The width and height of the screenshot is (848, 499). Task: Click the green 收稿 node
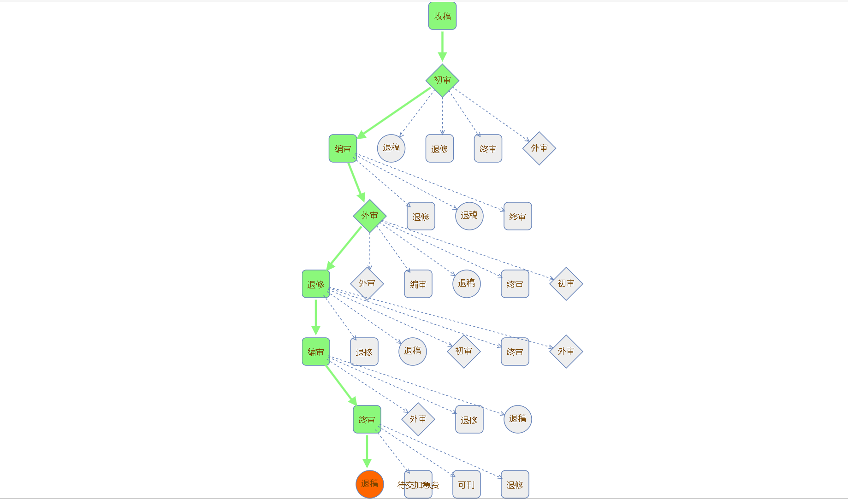pos(442,16)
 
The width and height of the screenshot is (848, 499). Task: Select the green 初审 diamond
pos(442,81)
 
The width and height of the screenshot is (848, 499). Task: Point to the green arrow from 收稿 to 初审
pos(442,45)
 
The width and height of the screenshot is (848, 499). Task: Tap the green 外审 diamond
pos(369,216)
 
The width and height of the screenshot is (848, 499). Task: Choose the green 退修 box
pos(316,284)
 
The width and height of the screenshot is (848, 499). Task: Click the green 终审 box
pos(367,419)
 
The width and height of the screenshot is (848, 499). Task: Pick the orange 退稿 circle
pos(369,484)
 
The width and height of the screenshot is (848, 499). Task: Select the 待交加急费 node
pos(418,484)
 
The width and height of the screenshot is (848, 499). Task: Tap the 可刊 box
pos(467,484)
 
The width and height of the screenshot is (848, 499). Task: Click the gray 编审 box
pos(418,284)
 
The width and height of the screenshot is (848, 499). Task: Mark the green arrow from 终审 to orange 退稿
pos(367,451)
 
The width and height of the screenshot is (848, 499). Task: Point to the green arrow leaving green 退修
pos(316,317)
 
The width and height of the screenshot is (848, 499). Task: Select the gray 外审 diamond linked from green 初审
pos(539,148)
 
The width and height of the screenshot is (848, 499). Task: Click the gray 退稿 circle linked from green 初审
pos(391,148)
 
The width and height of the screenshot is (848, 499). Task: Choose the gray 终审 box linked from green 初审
pos(488,149)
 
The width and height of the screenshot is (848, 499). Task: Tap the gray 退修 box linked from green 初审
pos(439,149)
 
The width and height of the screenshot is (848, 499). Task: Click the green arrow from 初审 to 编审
pos(394,112)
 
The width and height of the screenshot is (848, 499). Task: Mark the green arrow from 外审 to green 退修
pos(344,248)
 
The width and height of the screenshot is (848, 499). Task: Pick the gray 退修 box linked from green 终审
pos(515,484)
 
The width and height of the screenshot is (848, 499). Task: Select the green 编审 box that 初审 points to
pos(343,148)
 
